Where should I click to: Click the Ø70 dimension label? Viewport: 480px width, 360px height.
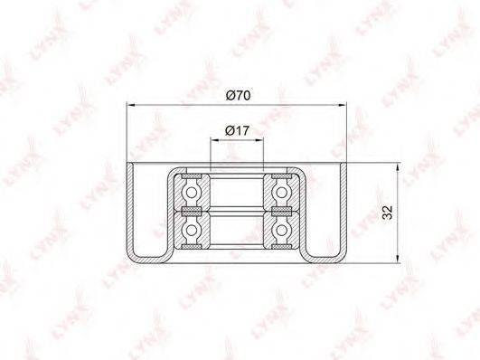238,96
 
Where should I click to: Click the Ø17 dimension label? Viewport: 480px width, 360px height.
237,131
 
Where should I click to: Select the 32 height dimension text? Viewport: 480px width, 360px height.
387,213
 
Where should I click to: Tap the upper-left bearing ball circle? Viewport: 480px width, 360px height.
192,193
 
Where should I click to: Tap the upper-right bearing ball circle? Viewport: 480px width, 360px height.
282,193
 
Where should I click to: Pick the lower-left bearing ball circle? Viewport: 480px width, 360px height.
192,230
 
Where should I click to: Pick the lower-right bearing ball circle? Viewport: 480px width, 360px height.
282,230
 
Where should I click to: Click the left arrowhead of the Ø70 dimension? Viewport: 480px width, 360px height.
131,106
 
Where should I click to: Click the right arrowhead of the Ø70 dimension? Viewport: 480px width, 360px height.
343,106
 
